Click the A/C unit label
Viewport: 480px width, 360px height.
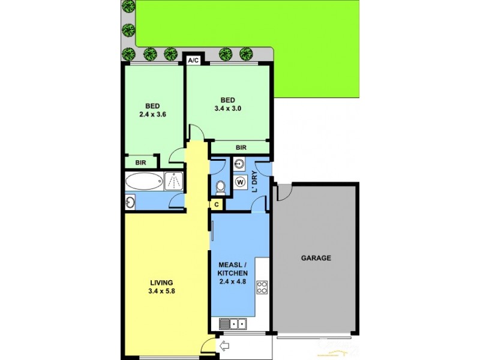(x=193, y=61)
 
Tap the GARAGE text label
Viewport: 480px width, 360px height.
(x=316, y=258)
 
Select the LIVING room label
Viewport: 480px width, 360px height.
(x=161, y=283)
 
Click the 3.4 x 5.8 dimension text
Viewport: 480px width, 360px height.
(x=161, y=292)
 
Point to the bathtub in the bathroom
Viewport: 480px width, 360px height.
(x=144, y=181)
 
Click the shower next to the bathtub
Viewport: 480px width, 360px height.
(x=173, y=181)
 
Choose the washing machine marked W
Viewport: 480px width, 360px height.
(x=240, y=182)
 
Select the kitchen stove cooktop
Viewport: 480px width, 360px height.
(x=262, y=287)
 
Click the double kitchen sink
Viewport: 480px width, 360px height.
(x=233, y=324)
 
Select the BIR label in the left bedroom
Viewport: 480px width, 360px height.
(x=140, y=162)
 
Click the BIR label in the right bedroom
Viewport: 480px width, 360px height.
(x=241, y=147)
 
